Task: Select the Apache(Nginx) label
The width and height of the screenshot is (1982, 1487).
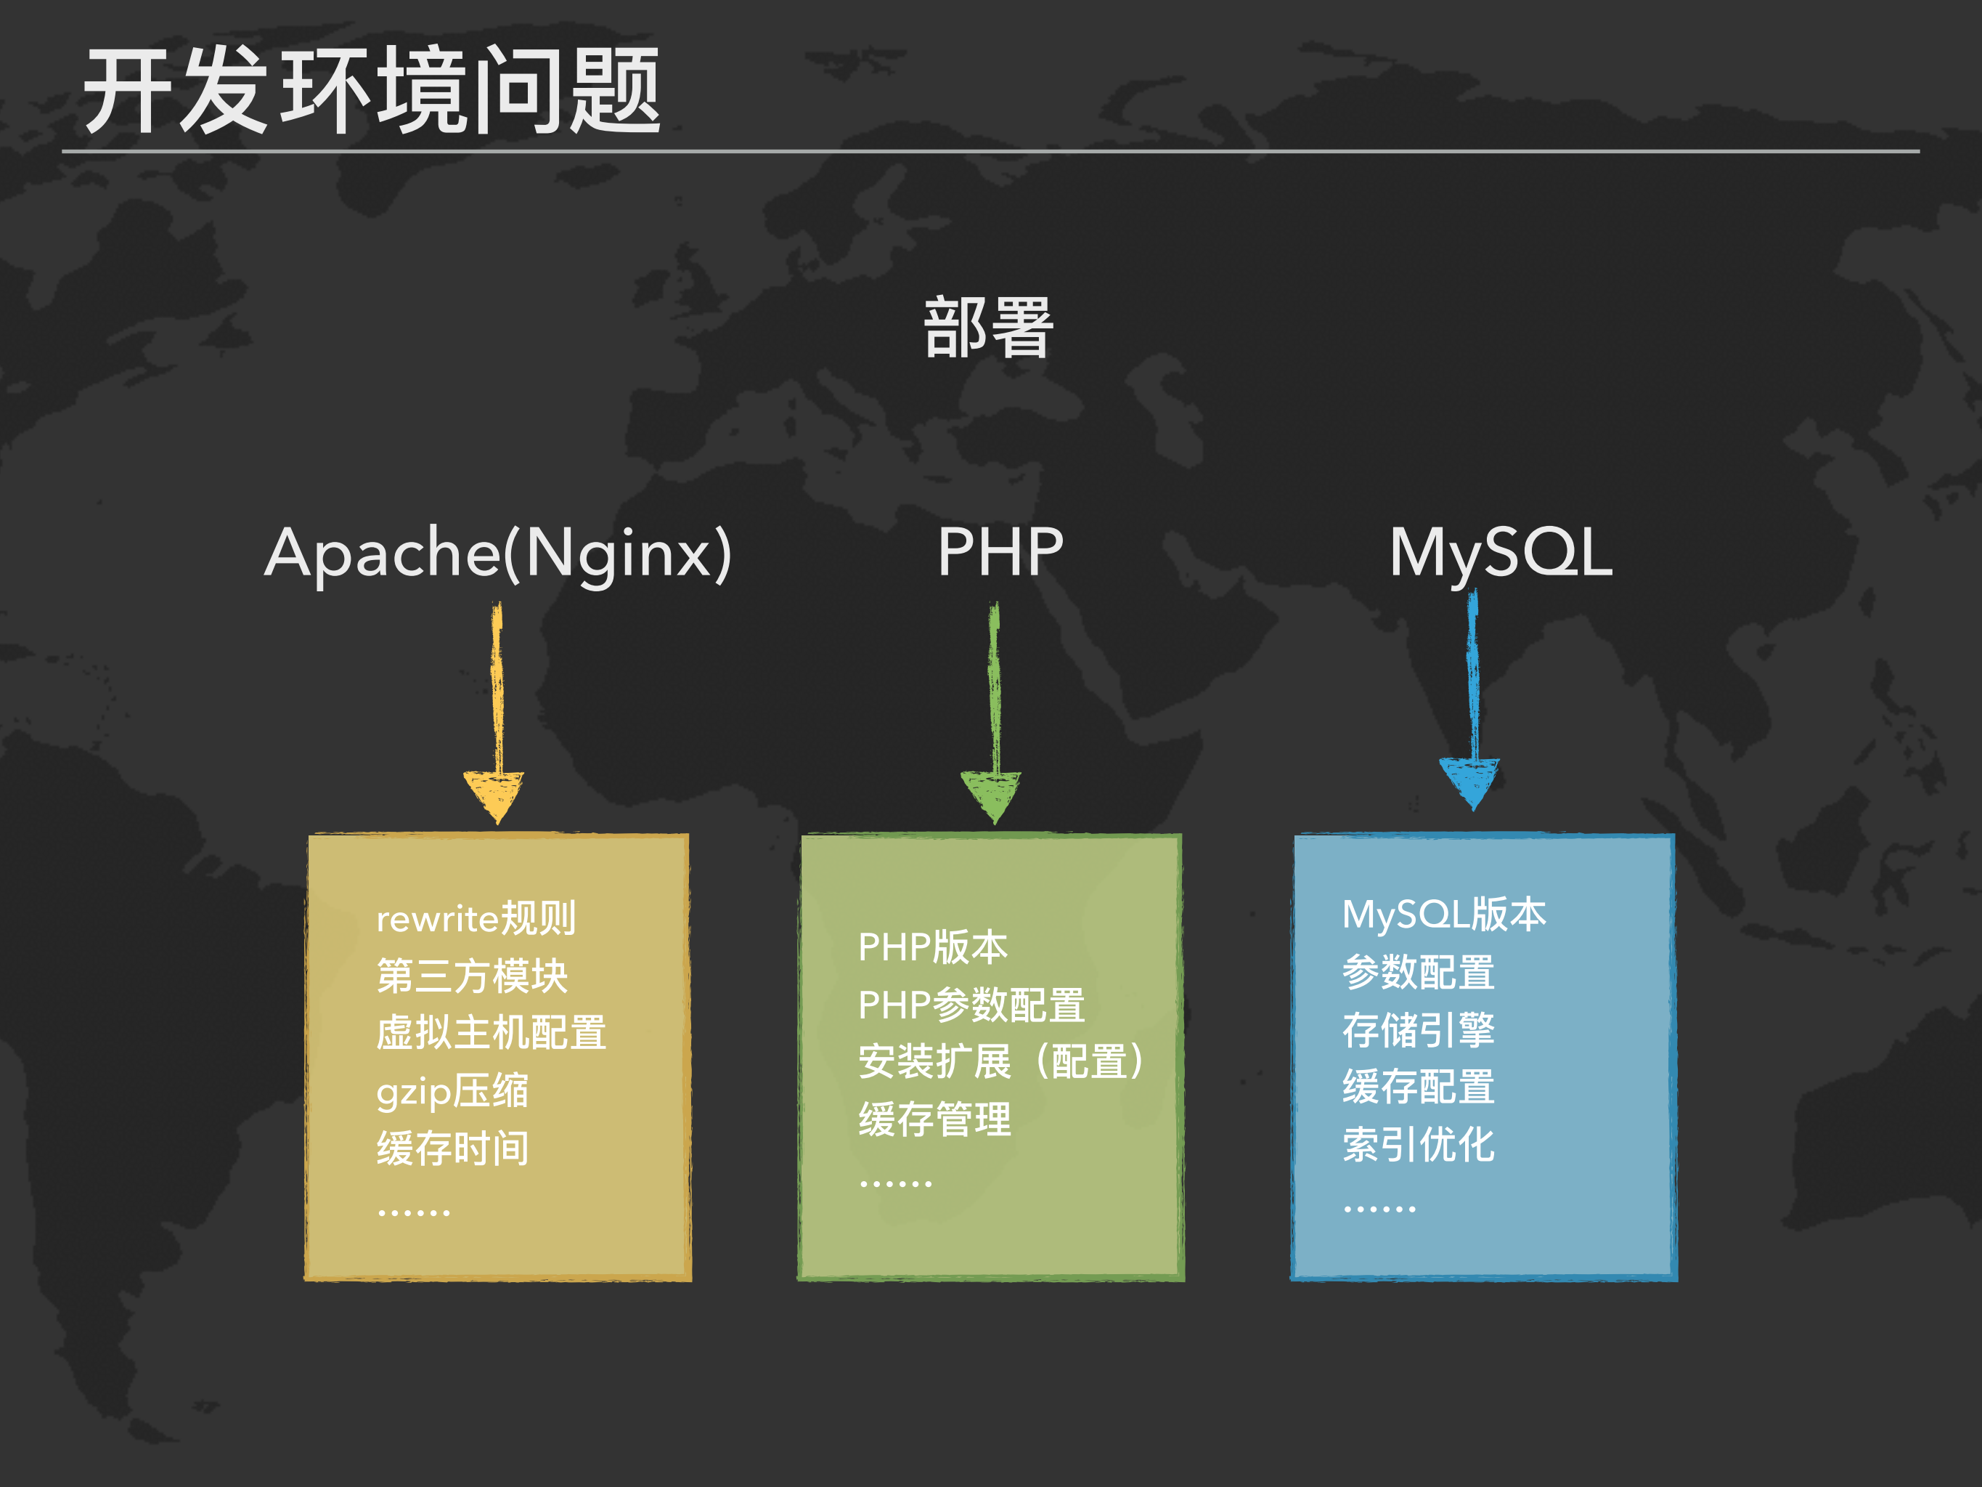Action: pos(498,553)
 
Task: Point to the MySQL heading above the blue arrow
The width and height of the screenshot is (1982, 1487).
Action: pos(1501,553)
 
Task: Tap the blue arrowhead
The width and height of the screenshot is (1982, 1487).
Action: pos(1469,781)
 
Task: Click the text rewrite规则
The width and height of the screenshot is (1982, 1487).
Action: pos(476,917)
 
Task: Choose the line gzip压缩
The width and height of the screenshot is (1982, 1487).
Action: pos(452,1091)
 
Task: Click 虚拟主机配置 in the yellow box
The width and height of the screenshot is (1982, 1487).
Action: pos(491,1032)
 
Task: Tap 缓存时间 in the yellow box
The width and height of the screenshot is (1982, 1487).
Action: pos(452,1148)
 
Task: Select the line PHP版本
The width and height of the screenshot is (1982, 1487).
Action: pos(933,947)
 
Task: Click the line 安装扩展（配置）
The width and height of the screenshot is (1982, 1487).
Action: pos(1002,1062)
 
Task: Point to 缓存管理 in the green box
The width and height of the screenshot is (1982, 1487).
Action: pos(934,1119)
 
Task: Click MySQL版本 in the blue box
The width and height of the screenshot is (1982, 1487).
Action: pos(1443,915)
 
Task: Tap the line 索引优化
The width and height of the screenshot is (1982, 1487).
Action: pos(1419,1145)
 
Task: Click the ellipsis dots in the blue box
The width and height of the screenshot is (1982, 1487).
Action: pos(1379,1209)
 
